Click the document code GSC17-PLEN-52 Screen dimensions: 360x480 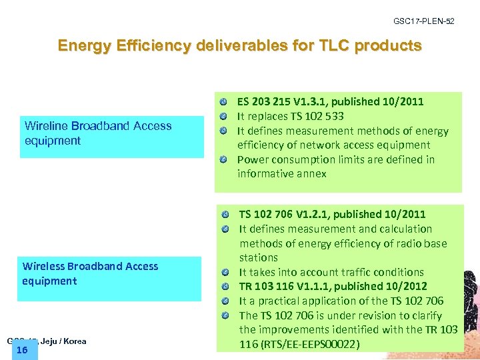[x=423, y=22]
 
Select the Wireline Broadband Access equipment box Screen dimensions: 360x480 [x=111, y=137]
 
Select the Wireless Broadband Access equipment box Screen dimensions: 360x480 [x=110, y=278]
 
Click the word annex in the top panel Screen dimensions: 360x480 [x=311, y=174]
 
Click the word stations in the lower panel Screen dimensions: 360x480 [x=259, y=257]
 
